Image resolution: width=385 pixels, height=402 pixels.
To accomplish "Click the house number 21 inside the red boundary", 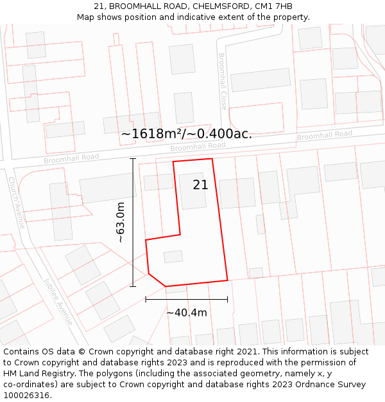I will pyautogui.click(x=201, y=185).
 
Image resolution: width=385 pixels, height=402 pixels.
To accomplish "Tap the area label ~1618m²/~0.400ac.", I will pyautogui.click(x=187, y=134).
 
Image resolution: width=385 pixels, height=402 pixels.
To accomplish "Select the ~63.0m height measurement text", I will pyautogui.click(x=120, y=222).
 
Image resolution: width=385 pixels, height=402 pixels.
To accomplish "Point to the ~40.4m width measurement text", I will pyautogui.click(x=187, y=313).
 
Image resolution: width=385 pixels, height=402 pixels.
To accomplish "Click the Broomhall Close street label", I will pyautogui.click(x=223, y=81).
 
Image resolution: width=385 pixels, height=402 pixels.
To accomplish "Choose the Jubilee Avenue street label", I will pyautogui.click(x=58, y=301).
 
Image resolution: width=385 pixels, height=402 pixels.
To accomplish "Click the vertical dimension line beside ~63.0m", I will pyautogui.click(x=133, y=222).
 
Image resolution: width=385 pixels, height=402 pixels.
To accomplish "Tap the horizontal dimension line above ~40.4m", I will pyautogui.click(x=187, y=299).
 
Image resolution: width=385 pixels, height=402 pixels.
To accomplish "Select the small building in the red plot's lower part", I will pyautogui.click(x=173, y=257).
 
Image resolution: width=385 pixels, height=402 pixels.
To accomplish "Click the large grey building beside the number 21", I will pyautogui.click(x=192, y=192).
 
